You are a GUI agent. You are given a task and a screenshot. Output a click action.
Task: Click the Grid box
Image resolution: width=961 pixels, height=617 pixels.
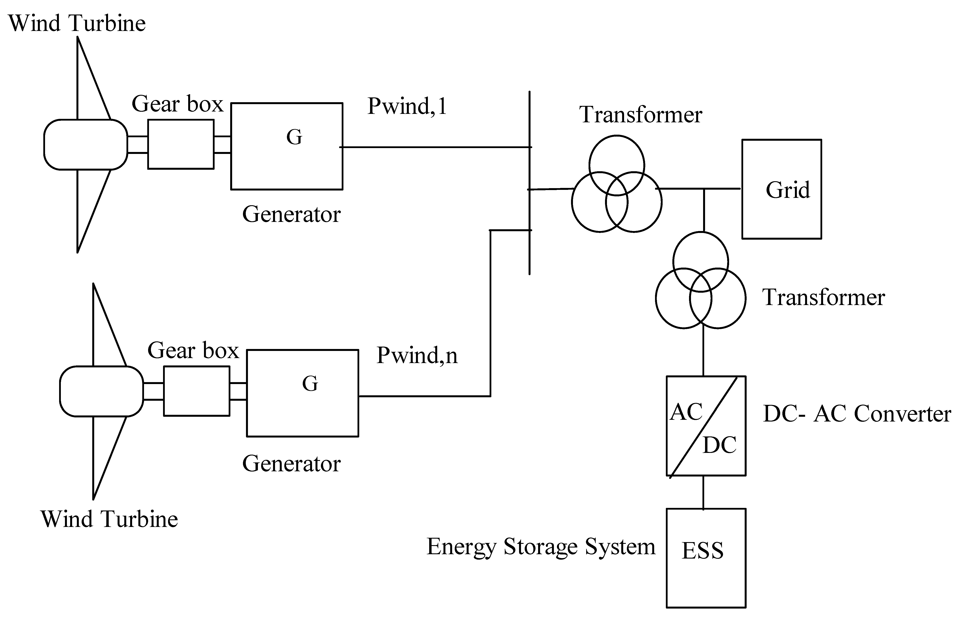(781, 189)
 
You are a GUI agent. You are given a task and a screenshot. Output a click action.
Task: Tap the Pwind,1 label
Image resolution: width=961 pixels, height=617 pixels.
(407, 106)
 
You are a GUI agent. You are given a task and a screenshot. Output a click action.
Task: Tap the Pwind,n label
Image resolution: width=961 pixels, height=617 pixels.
(417, 355)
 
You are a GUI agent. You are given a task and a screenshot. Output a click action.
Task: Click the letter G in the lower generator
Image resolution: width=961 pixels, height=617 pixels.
(310, 384)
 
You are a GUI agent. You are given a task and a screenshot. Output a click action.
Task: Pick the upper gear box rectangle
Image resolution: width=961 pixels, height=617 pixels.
(181, 145)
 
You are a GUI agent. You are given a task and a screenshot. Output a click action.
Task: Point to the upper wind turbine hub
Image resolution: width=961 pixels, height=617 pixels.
(85, 145)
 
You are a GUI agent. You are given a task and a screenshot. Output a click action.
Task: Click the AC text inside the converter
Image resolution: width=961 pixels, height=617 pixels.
(686, 412)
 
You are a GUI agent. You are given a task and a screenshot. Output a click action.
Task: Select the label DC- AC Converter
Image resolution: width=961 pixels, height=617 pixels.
(856, 414)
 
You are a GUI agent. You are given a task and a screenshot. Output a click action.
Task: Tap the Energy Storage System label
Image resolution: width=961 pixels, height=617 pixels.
(541, 547)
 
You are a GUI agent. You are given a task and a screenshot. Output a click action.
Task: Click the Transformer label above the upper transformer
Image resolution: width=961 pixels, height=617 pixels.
(640, 115)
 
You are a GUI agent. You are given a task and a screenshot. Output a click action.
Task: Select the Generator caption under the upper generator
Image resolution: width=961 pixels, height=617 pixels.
(291, 214)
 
